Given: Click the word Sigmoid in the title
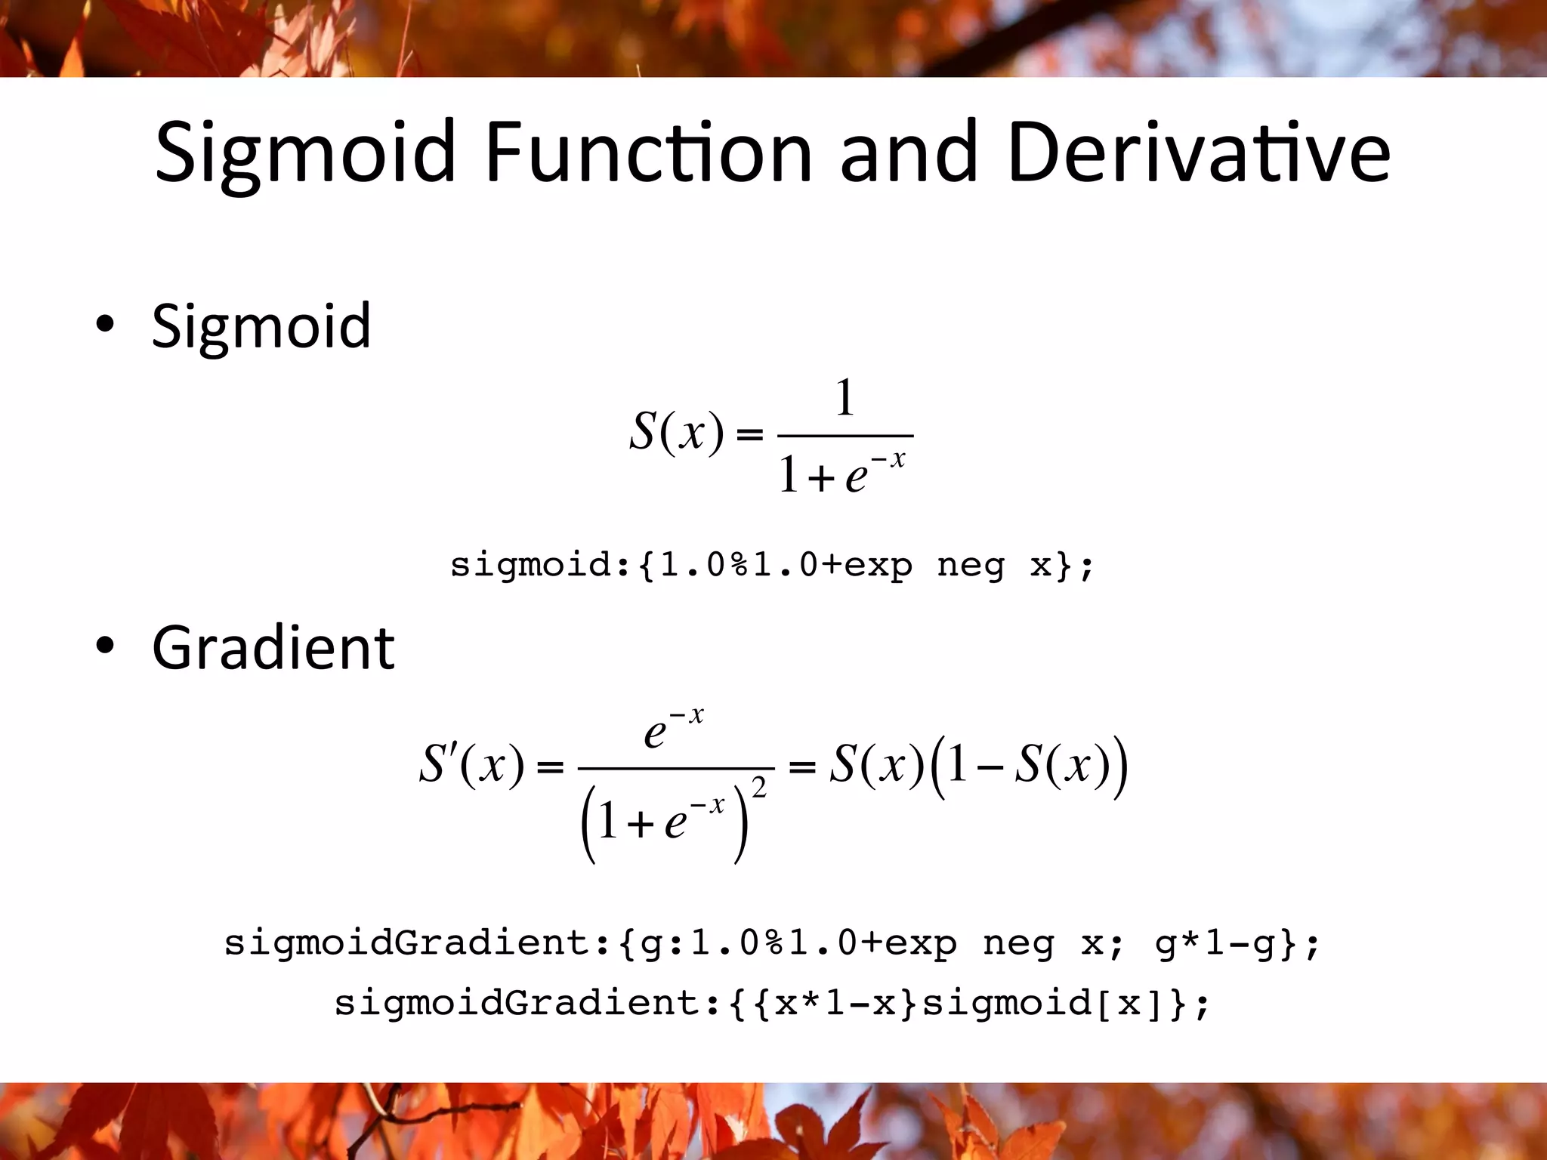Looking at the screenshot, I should (x=305, y=153).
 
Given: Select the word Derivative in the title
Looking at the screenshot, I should (x=1198, y=153).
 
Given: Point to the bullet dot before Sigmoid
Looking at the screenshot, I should (x=105, y=325).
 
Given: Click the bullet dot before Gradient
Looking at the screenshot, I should (x=105, y=646).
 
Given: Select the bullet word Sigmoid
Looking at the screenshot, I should (x=261, y=326).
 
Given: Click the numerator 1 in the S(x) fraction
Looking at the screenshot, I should (x=845, y=398).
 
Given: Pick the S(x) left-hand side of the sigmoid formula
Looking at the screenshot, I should (x=677, y=432).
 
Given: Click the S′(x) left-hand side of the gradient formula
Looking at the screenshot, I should (x=471, y=764).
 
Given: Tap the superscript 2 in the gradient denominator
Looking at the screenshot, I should (x=759, y=788).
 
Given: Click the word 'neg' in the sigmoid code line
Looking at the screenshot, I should (x=971, y=565).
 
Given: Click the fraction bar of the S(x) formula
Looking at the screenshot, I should (x=845, y=436).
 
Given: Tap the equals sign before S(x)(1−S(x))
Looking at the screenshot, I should (x=801, y=768).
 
